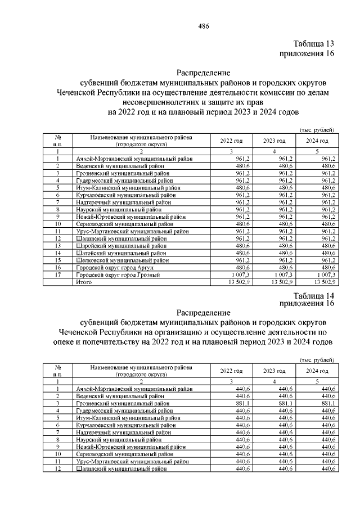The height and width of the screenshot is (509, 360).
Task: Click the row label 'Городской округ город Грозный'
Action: (x=119, y=275)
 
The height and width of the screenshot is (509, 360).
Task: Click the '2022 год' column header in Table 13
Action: (x=231, y=140)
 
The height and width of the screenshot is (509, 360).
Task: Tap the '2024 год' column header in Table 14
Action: (x=317, y=371)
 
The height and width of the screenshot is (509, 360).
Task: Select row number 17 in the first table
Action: (x=57, y=275)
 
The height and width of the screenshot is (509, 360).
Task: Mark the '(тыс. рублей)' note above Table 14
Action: (x=317, y=360)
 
